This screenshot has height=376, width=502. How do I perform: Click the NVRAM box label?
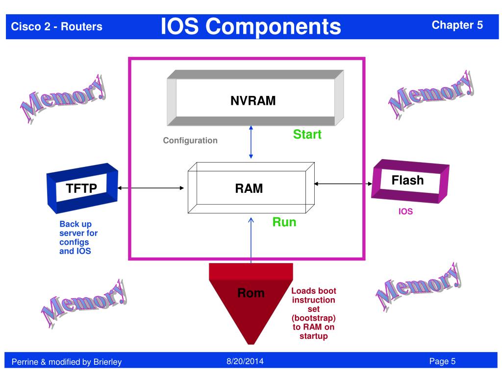(253, 101)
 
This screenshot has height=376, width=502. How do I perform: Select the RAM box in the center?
(251, 188)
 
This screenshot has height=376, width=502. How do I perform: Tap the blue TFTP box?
(82, 188)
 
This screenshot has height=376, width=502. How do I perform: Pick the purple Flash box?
(410, 181)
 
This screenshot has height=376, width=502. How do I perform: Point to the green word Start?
(307, 134)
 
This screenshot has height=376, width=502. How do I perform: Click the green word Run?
(284, 222)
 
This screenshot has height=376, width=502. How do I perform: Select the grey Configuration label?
(190, 141)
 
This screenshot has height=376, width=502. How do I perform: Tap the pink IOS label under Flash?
(405, 211)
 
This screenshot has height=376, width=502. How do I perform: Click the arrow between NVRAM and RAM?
(251, 142)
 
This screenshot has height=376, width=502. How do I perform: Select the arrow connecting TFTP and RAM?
(151, 188)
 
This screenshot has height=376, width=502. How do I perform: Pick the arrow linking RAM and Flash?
(343, 184)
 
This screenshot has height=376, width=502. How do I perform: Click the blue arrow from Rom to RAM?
(251, 240)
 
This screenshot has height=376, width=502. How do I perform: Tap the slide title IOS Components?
(251, 26)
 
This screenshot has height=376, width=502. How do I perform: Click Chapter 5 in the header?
(457, 25)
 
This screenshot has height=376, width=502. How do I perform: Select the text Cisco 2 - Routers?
(57, 26)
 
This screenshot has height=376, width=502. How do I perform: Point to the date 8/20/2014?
(245, 361)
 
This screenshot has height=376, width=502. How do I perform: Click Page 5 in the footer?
(442, 361)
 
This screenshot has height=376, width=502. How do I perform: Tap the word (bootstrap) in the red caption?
(313, 318)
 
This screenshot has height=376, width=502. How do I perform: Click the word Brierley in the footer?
(107, 362)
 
